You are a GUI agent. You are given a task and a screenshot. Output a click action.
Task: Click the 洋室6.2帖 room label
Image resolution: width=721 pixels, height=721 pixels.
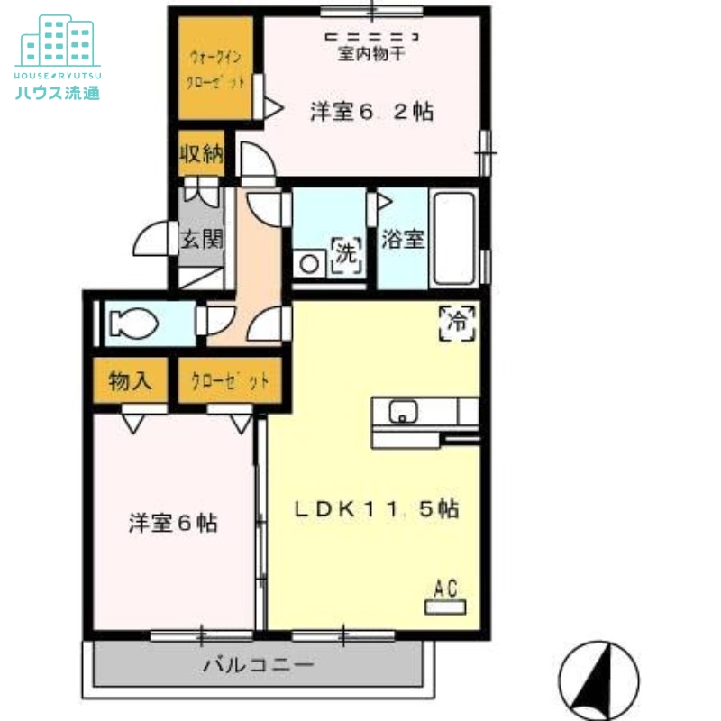coord(371,113)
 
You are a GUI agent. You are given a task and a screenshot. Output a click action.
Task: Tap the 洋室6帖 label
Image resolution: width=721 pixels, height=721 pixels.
coord(172,523)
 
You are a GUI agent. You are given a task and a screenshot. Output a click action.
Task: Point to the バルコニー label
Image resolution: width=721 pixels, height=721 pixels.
coord(258,667)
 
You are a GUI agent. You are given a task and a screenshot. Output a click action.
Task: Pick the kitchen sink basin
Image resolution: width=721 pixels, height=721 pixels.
coord(403,412)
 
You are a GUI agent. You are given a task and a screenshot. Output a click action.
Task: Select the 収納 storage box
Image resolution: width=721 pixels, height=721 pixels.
coord(200,155)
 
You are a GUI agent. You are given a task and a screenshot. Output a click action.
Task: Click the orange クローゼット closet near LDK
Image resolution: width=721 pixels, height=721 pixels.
coord(230,380)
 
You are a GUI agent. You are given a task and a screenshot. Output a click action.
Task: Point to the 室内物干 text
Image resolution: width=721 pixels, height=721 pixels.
coord(372,53)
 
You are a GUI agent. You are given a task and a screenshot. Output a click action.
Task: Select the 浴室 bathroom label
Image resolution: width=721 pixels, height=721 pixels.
coord(402,241)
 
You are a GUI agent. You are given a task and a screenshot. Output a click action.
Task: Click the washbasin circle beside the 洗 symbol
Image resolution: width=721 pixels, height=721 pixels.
coord(311,263)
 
